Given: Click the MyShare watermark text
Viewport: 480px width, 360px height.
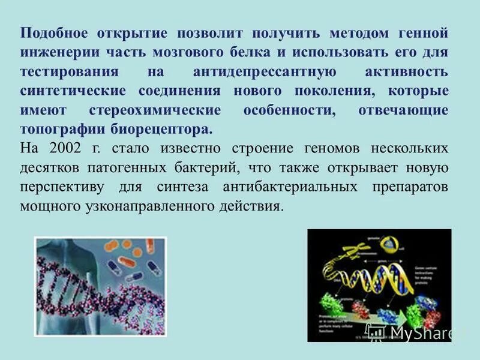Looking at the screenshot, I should (x=422, y=332).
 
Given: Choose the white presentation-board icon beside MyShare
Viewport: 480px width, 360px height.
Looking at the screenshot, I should (x=376, y=331).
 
